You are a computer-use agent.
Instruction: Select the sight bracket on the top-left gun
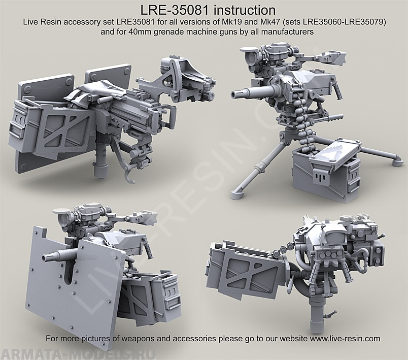[175, 71]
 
